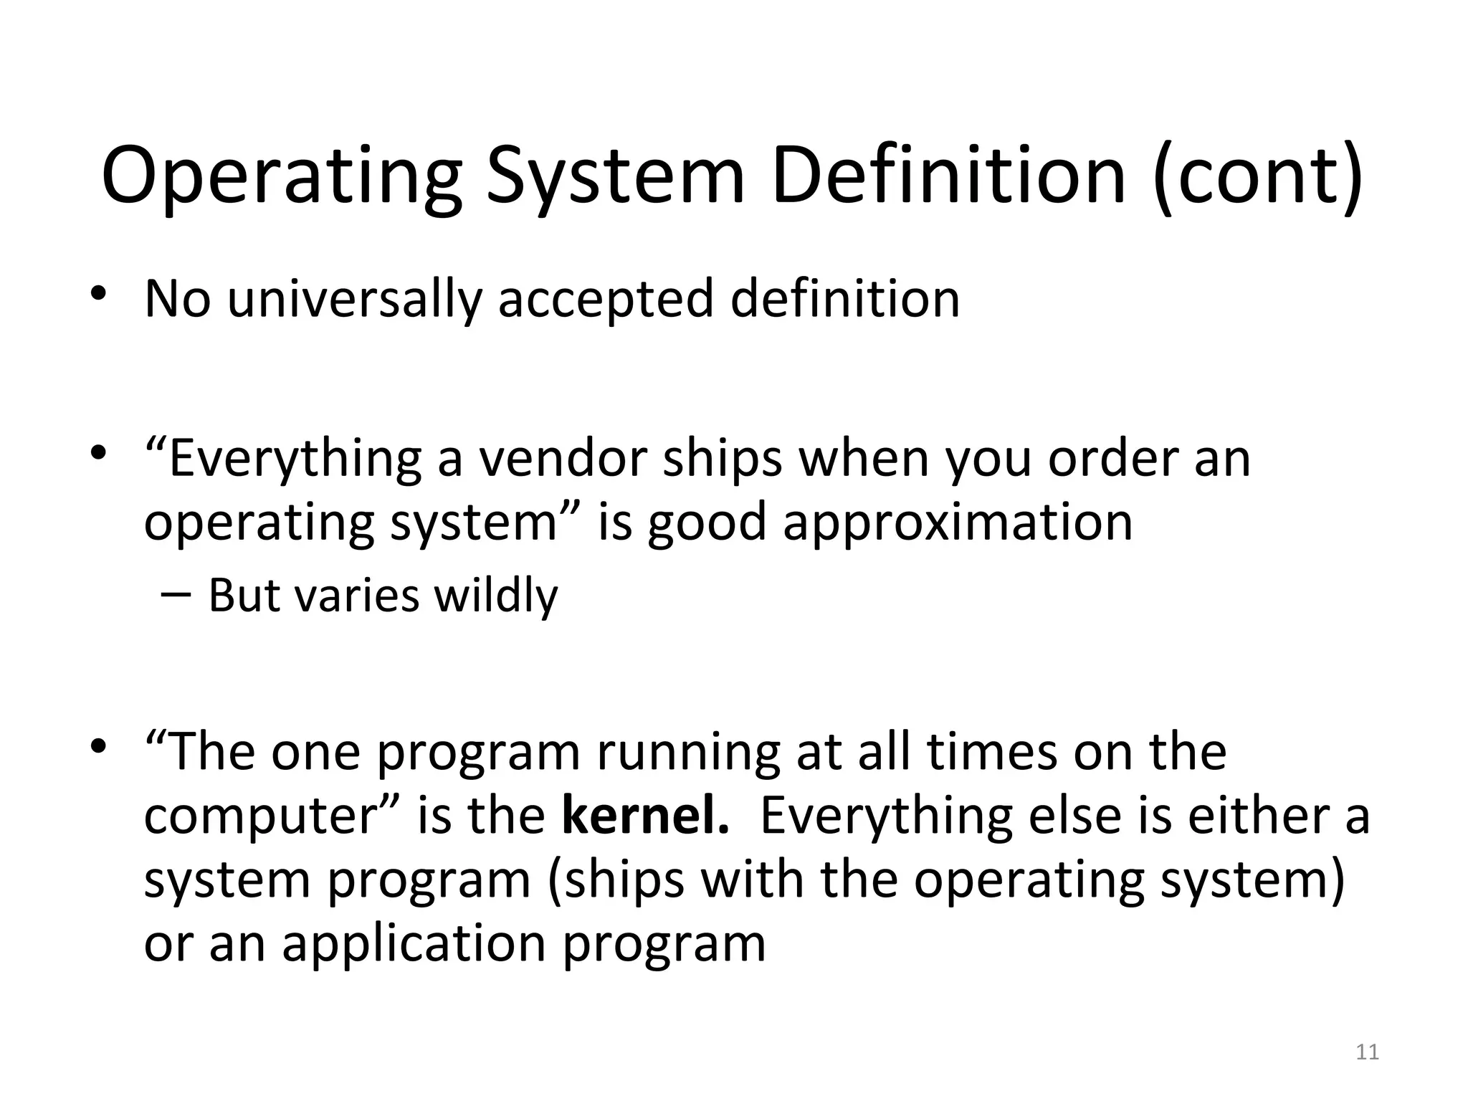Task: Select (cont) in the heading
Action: (1258, 176)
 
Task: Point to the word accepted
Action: (606, 300)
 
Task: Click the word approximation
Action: (958, 523)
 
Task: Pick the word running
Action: (688, 753)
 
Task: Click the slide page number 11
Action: (1368, 1052)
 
